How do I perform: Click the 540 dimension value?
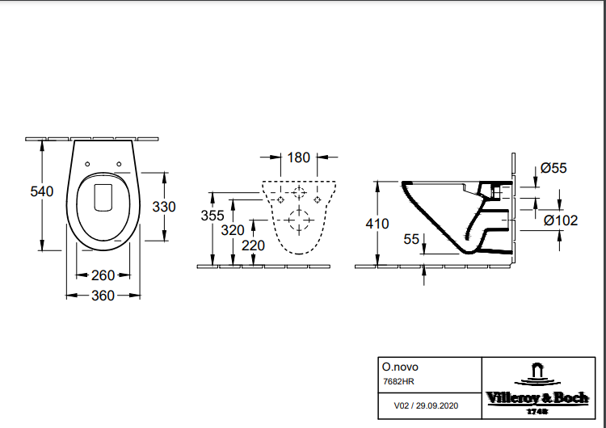coord(41,191)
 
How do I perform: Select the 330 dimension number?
coord(164,207)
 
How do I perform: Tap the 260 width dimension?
coord(103,275)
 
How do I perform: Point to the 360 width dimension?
coord(103,296)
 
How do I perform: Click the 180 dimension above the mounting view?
coord(299,157)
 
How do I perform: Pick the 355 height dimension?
coord(212,216)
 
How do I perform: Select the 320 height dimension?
coord(233,229)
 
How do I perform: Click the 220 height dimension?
coord(254,245)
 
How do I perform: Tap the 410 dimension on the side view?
coord(377,224)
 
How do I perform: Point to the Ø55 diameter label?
coord(553,168)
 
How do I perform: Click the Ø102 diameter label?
coord(560,220)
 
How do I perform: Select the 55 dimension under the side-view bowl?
coord(411,239)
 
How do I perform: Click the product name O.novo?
coord(400,367)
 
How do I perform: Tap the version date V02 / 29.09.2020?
coord(426,406)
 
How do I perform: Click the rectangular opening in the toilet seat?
coord(103,196)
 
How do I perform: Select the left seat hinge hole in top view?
coord(87,165)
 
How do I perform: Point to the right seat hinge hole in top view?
coord(119,165)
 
